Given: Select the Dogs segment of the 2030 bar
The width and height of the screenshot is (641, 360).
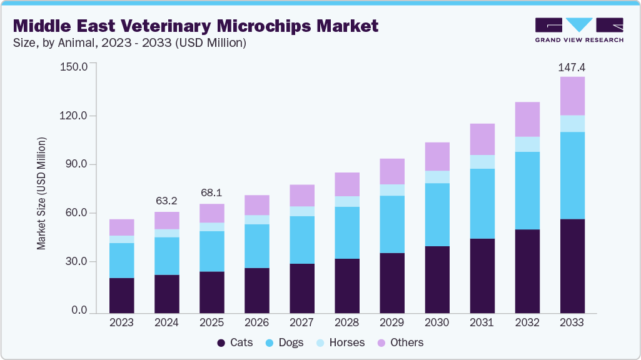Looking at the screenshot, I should pyautogui.click(x=437, y=214).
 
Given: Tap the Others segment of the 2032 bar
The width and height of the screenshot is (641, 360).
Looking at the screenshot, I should pyautogui.click(x=527, y=119).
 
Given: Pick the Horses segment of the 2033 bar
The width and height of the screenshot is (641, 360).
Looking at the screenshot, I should pyautogui.click(x=572, y=123).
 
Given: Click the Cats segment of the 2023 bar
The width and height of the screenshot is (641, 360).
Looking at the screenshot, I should pyautogui.click(x=121, y=295).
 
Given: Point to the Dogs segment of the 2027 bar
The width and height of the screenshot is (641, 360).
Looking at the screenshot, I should pyautogui.click(x=301, y=239).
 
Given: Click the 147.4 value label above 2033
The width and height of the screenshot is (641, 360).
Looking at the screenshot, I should pyautogui.click(x=572, y=67).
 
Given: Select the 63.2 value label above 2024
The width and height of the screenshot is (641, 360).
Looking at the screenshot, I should pyautogui.click(x=166, y=201).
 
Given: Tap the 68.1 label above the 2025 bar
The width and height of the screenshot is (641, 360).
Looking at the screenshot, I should pyautogui.click(x=211, y=193).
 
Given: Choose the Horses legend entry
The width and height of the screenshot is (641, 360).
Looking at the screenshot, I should pyautogui.click(x=341, y=342).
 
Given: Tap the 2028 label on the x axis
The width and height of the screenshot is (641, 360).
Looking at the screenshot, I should pyautogui.click(x=346, y=322).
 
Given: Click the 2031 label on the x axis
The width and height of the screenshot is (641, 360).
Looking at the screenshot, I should pyautogui.click(x=482, y=322).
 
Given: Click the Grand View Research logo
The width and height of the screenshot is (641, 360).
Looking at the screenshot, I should pyautogui.click(x=578, y=29).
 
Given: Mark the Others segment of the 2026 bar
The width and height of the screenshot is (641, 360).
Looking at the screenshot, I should pyautogui.click(x=256, y=205).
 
